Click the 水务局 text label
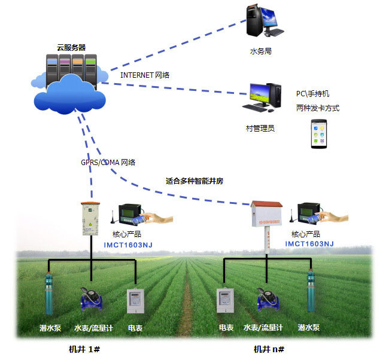click(261, 52)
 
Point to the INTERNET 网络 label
click(145, 75)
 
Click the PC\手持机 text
click(312, 94)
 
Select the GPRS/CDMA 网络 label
click(108, 162)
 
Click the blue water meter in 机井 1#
click(92, 297)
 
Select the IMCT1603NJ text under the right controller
click(309, 243)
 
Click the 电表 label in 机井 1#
click(135, 328)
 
